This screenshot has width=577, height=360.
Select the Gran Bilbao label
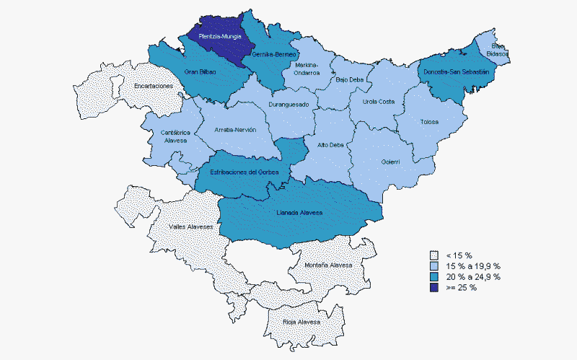200,72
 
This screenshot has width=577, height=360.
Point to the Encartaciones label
154,86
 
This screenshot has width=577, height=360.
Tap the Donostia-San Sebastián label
456,72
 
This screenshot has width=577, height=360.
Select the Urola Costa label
378,102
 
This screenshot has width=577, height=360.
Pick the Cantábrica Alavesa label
175,136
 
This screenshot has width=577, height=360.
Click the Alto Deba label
330,145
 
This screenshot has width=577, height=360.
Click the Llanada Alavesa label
299,213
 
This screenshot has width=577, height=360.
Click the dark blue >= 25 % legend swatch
433,287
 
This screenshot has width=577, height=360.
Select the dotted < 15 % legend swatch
433,255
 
